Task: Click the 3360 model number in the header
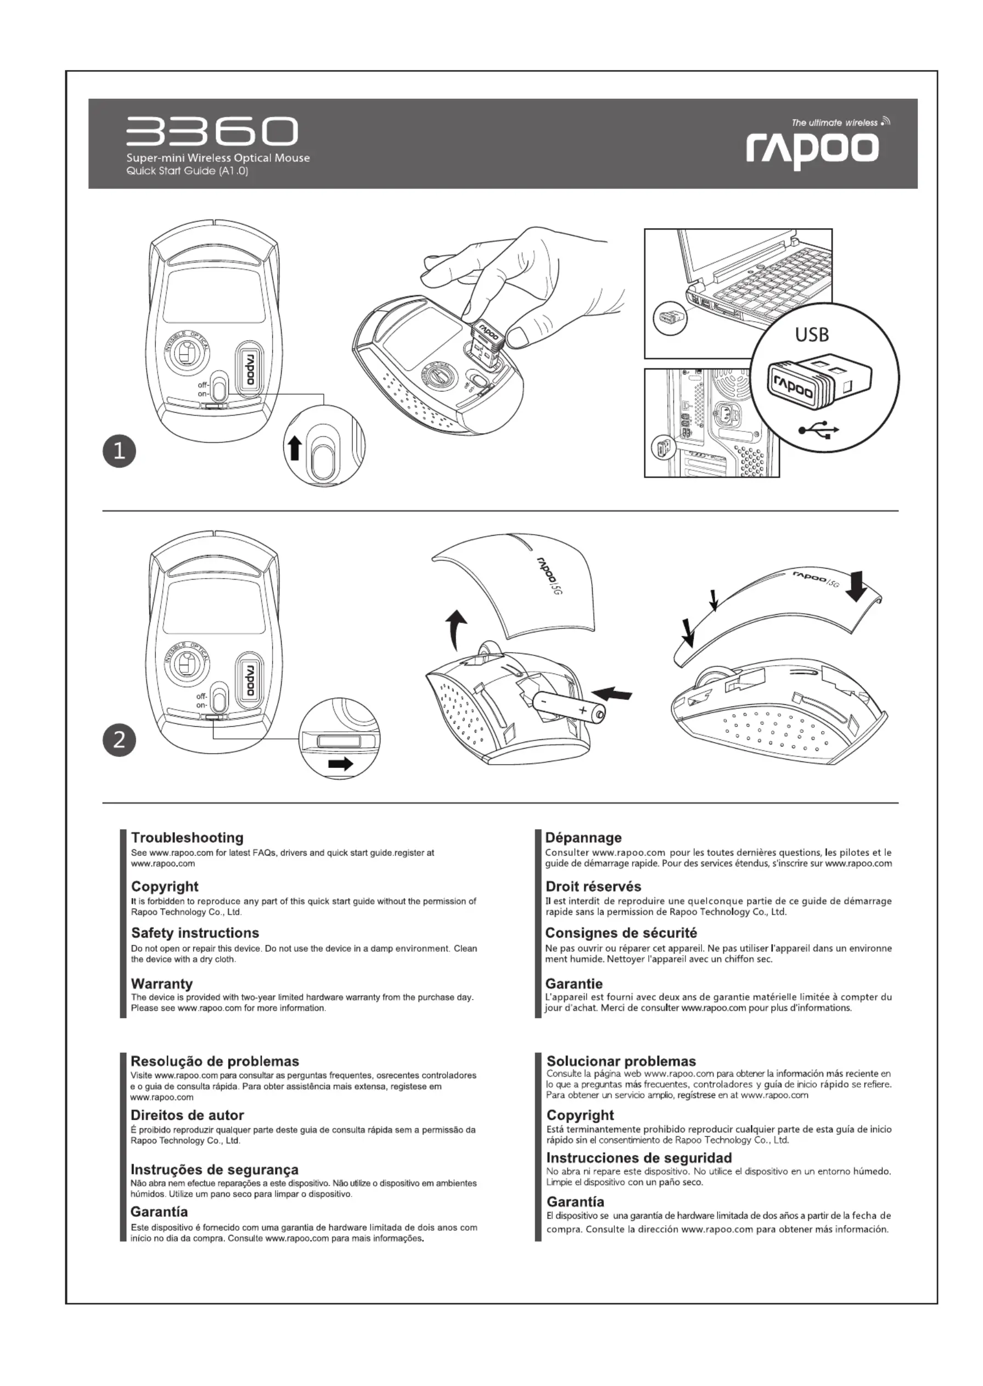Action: (212, 131)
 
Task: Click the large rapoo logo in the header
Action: (812, 149)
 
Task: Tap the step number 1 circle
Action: (119, 452)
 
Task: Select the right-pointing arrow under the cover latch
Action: (340, 764)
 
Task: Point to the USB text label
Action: (812, 335)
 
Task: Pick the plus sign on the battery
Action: (583, 709)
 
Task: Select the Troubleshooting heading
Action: (187, 838)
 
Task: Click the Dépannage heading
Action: (583, 838)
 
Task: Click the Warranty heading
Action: (161, 984)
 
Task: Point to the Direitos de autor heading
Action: (187, 1115)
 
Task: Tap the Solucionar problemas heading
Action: (621, 1061)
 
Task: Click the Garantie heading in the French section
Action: (574, 984)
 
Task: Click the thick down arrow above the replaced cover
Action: (856, 586)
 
